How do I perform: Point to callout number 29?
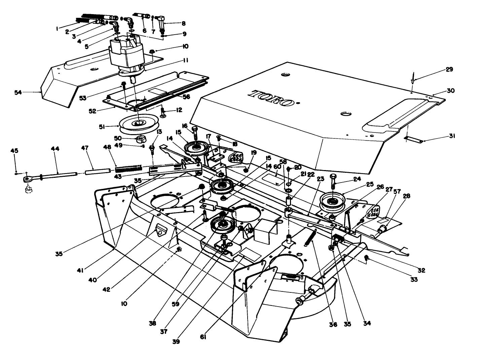click(449, 70)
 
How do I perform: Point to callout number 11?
click(185, 60)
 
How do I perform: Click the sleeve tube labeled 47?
click(98, 172)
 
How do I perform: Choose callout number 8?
click(183, 24)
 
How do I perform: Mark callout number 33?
click(414, 279)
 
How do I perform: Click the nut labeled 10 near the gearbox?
click(152, 51)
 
